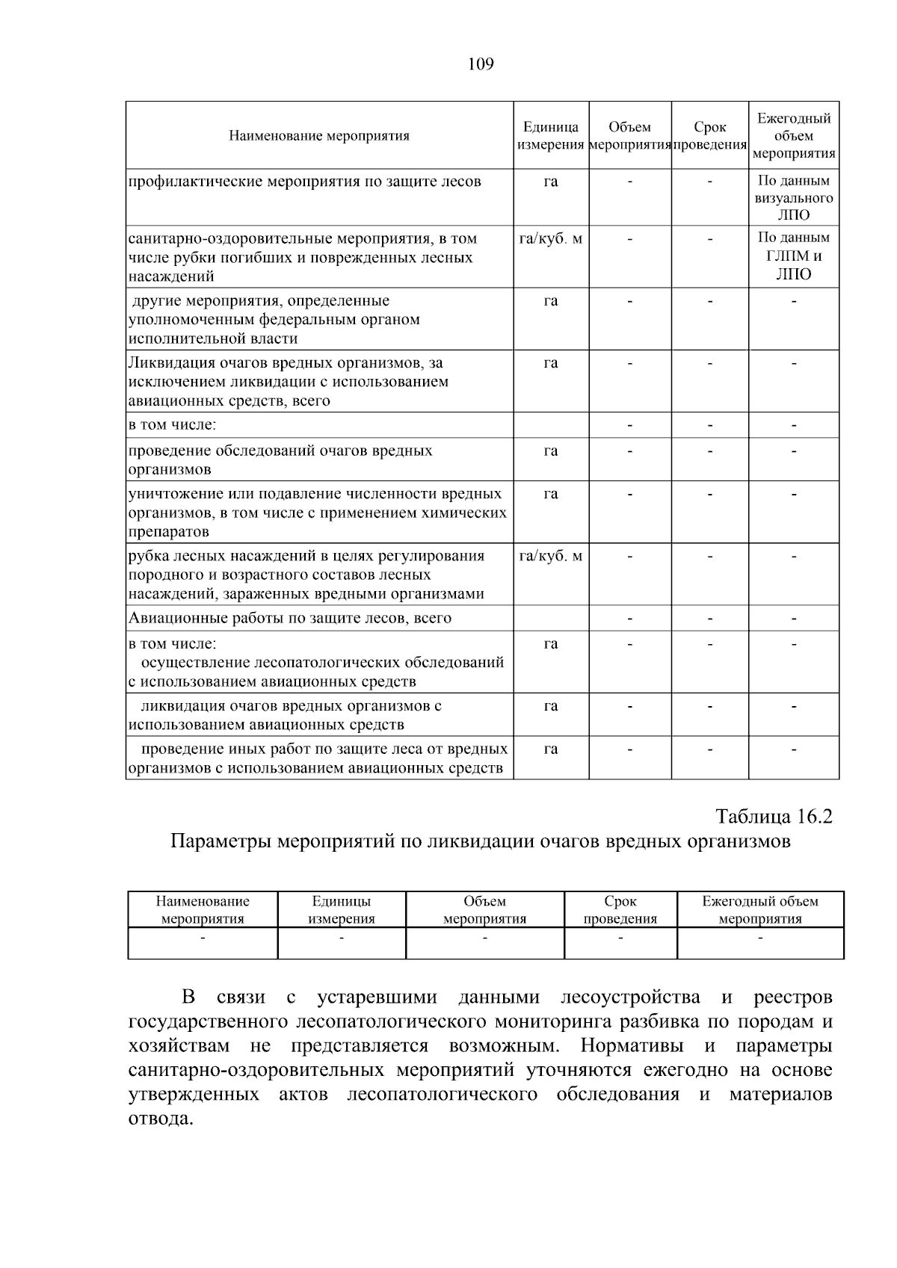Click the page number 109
tap(481, 64)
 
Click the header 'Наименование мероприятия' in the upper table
tap(319, 136)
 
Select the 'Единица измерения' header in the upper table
tap(551, 136)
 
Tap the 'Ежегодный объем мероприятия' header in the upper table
tap(794, 136)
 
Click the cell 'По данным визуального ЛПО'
tap(794, 197)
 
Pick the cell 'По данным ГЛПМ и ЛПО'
tap(794, 256)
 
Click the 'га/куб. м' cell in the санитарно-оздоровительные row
tap(551, 239)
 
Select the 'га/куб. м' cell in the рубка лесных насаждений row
tap(551, 556)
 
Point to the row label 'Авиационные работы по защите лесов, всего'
tap(290, 618)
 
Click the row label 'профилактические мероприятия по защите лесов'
tap(305, 182)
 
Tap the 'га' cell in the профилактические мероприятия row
tap(551, 182)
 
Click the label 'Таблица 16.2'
tap(774, 815)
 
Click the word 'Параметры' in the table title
tap(221, 841)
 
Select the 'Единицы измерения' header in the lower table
tap(342, 910)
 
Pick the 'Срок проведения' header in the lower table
tap(620, 910)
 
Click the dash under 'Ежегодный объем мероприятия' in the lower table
tap(760, 937)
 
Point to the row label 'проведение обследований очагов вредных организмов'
tap(280, 460)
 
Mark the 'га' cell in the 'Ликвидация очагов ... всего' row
tap(551, 363)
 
